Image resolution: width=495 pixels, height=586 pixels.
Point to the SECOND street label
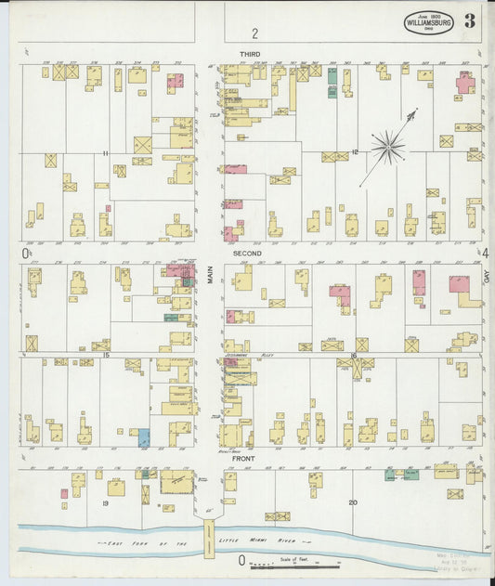(x=247, y=253)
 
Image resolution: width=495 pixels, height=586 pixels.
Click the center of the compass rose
(x=388, y=146)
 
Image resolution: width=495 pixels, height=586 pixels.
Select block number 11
(x=107, y=152)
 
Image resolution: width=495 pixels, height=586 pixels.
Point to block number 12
(x=355, y=151)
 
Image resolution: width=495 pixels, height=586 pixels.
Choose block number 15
(x=107, y=356)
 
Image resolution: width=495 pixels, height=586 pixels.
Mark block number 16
(x=354, y=356)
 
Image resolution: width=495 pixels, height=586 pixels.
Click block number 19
(x=106, y=502)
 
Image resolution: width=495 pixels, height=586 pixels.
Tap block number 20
(x=353, y=502)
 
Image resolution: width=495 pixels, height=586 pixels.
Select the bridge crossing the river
(x=209, y=538)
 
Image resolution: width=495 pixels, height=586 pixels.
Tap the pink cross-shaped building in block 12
(x=465, y=84)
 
